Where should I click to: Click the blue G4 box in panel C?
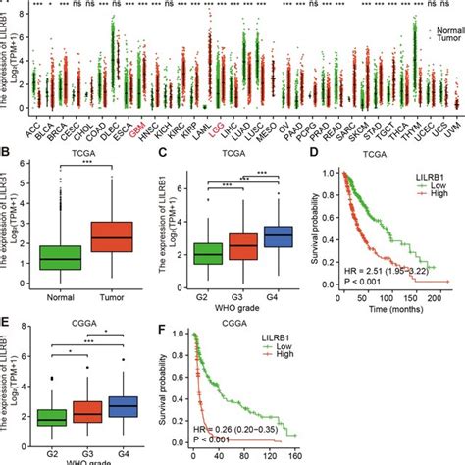click(x=280, y=237)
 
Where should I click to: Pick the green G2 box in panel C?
click(x=208, y=254)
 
